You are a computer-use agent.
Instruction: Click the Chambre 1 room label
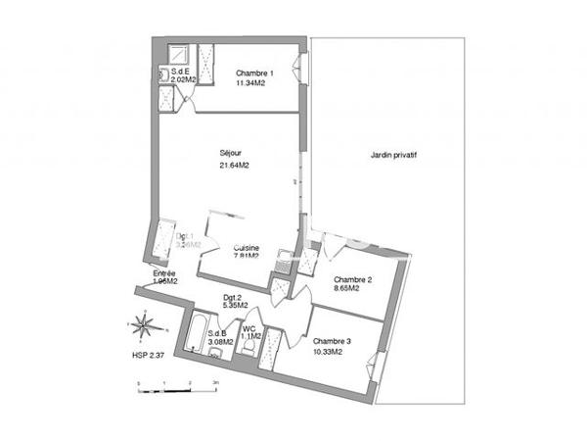252,73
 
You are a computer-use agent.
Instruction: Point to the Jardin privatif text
394,154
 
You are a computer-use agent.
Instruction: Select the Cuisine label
246,248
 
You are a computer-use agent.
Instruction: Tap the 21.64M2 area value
235,166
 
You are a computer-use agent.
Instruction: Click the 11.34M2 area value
252,84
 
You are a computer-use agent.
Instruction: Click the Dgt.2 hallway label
233,297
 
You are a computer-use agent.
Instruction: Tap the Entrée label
165,273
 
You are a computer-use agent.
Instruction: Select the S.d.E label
181,72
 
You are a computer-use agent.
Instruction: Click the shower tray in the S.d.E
180,53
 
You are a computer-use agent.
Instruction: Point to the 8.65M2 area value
348,288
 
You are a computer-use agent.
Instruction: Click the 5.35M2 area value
236,306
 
